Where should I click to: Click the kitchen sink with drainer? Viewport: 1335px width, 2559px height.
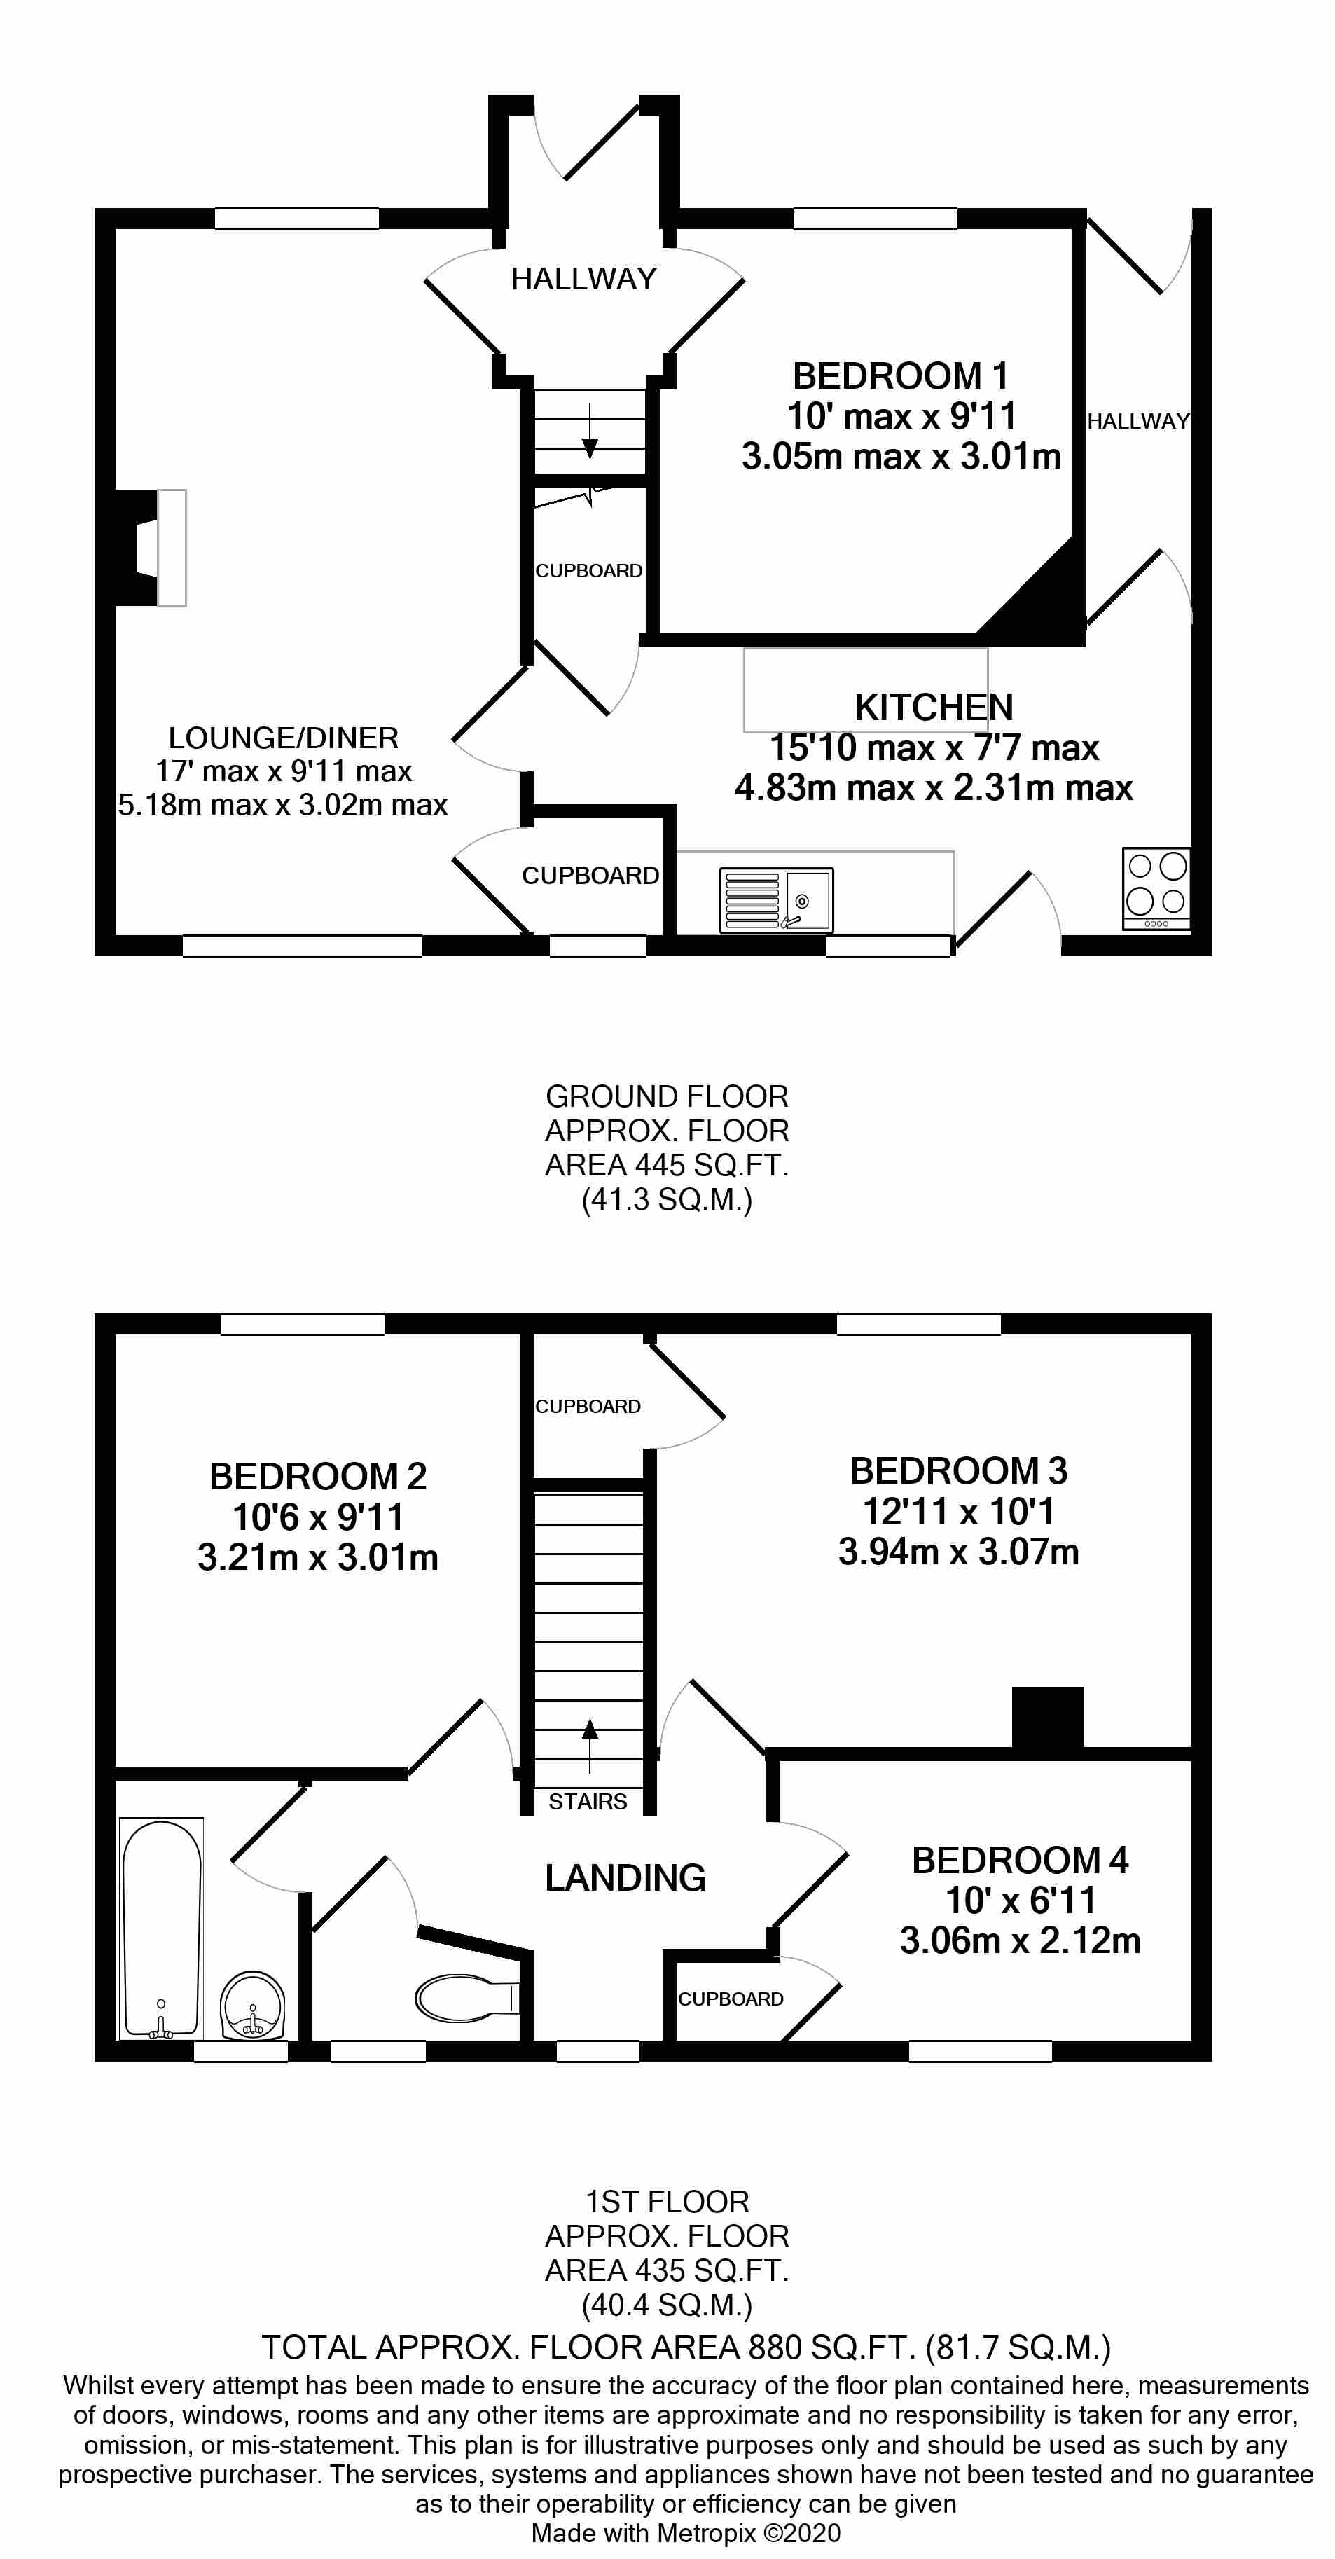(776, 900)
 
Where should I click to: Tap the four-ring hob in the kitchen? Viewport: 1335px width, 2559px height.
(1156, 886)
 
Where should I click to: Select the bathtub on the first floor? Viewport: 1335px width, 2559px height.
(161, 1926)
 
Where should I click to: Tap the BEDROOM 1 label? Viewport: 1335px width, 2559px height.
(900, 376)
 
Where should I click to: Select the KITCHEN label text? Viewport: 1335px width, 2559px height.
(933, 708)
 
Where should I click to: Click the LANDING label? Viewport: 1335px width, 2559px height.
(625, 1877)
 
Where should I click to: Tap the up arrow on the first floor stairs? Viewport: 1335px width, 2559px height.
(590, 1746)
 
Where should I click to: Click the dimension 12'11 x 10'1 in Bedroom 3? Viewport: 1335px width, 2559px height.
(957, 1511)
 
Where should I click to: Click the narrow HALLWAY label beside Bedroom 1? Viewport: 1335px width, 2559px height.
(1137, 421)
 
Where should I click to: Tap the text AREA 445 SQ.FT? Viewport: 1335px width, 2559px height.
(667, 1164)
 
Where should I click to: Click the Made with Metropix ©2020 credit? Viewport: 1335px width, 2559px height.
(686, 2532)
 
